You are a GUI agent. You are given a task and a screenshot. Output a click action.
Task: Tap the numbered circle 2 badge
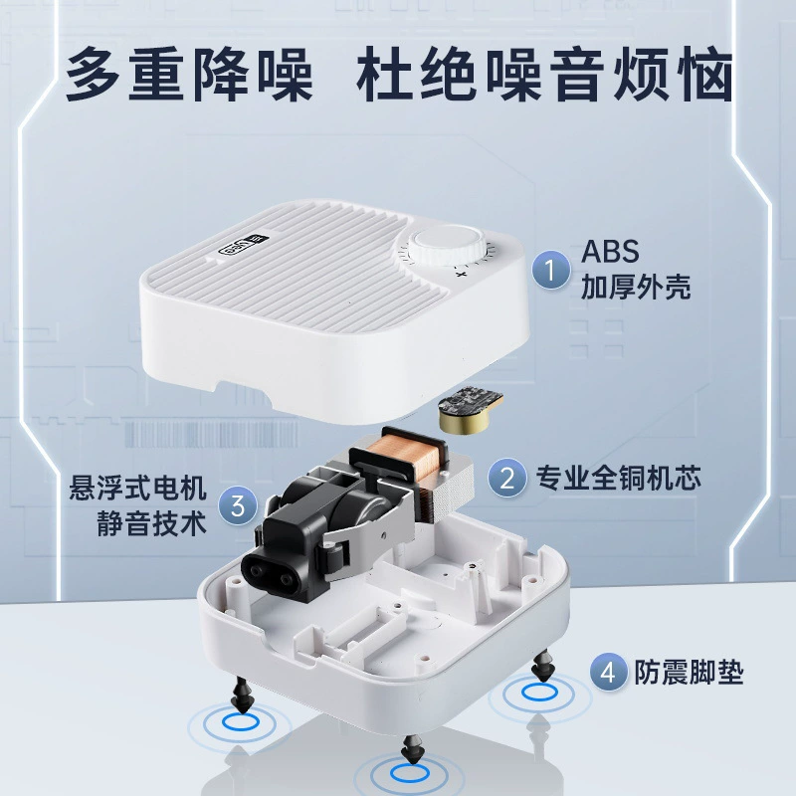point(507,478)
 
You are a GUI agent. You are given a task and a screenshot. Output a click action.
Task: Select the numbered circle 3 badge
point(238,505)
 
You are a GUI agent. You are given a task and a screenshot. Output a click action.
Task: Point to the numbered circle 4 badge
point(609,673)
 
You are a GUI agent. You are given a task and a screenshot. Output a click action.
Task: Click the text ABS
point(610,252)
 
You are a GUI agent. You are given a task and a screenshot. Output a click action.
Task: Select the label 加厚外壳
point(636,288)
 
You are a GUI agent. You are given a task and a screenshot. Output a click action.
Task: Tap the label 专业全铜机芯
point(618,478)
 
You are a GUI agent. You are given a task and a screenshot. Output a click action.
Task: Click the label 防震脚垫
point(689,673)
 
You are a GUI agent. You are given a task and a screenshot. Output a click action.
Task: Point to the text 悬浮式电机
point(138,488)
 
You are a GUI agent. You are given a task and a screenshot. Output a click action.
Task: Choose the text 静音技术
point(152,523)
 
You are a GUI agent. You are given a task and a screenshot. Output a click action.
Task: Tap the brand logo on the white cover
point(244,245)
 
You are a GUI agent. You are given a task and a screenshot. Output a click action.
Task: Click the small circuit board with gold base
point(470,410)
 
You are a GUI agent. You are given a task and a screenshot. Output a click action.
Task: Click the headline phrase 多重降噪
point(189,74)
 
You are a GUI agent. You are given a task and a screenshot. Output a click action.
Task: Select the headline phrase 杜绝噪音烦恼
point(545,74)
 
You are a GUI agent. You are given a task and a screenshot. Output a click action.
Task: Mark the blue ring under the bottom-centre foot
point(410,772)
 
